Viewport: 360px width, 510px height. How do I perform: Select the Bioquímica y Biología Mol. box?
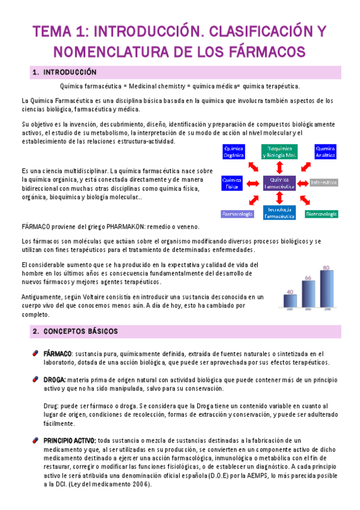click(279, 151)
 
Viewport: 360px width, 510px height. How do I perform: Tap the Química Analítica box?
click(326, 151)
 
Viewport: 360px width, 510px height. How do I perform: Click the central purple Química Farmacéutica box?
click(279, 183)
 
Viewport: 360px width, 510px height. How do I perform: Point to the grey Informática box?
click(325, 182)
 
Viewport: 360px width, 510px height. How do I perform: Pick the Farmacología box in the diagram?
click(237, 214)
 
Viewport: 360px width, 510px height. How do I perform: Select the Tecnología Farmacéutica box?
click(279, 212)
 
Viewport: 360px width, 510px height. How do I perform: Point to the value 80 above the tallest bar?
click(326, 267)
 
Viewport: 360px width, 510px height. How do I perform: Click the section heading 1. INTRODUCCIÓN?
click(65, 72)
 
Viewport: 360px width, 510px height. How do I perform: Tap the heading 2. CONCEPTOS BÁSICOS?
click(76, 331)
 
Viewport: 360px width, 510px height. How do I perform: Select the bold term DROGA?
click(54, 379)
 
